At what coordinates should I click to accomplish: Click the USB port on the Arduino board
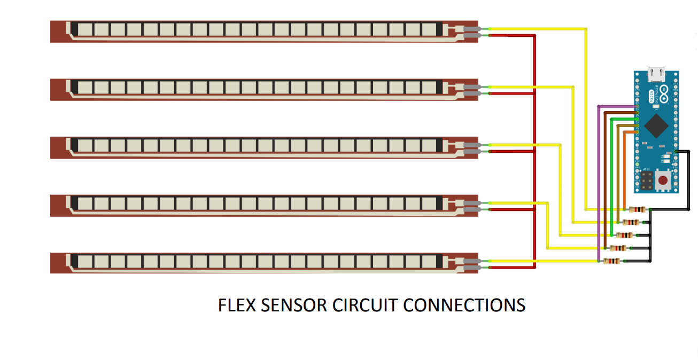655,73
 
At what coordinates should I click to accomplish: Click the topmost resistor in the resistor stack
638,209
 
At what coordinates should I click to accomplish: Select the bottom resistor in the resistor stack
611,261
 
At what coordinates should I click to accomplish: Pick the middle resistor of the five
625,235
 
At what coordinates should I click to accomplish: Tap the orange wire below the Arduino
625,171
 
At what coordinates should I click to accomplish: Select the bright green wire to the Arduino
611,176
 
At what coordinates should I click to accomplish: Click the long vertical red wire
534,150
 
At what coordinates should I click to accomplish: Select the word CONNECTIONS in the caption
464,306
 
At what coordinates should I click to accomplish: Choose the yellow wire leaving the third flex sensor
524,145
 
